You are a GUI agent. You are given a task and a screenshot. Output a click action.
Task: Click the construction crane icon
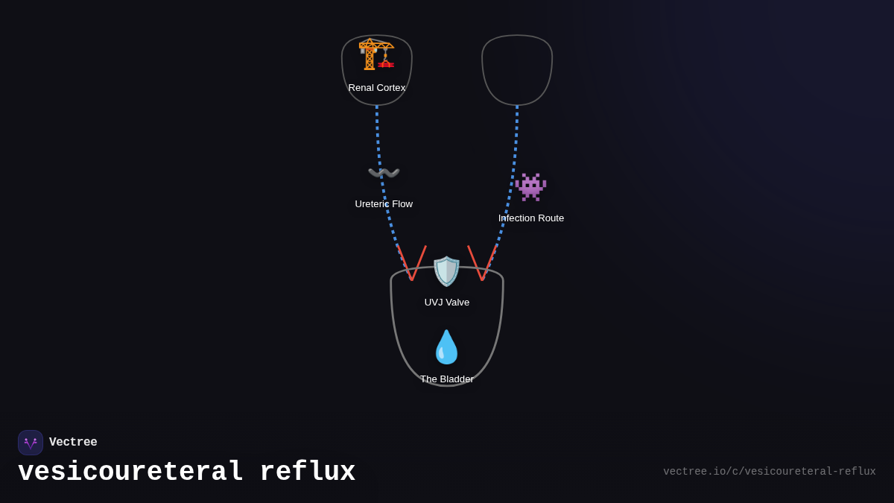(376, 54)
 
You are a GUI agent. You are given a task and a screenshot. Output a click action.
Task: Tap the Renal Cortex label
(377, 88)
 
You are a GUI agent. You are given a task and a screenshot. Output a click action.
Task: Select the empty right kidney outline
(517, 69)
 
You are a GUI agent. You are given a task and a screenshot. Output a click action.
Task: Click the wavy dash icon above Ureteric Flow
(384, 174)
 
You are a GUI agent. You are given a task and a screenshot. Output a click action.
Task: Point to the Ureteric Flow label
(384, 204)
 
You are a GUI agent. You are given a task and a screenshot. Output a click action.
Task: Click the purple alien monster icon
(530, 187)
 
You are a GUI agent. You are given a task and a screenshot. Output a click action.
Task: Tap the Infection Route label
(531, 218)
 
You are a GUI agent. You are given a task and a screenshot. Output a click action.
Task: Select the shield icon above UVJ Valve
(447, 271)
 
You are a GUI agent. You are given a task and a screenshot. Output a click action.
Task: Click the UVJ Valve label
(447, 303)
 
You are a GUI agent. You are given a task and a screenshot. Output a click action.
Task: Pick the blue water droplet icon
(446, 347)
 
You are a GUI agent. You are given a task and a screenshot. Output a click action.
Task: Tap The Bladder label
(447, 379)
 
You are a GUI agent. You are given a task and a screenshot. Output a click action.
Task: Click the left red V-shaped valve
(412, 265)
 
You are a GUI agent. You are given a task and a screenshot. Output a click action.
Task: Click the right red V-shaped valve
(482, 265)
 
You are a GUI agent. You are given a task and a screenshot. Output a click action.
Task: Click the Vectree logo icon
(31, 443)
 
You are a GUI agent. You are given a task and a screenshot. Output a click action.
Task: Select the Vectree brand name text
(73, 443)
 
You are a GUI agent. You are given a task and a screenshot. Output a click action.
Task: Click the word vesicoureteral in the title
(130, 472)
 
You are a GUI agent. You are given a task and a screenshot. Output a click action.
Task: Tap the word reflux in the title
(307, 472)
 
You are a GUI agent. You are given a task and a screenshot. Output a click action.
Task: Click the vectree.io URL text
(769, 472)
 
